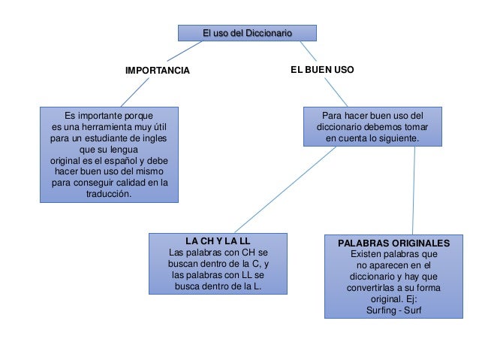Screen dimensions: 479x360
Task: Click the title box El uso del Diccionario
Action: point(247,33)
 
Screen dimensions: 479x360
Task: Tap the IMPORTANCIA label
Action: point(158,71)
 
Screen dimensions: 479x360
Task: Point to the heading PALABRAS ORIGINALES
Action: point(393,244)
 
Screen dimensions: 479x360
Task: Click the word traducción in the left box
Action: point(109,194)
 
